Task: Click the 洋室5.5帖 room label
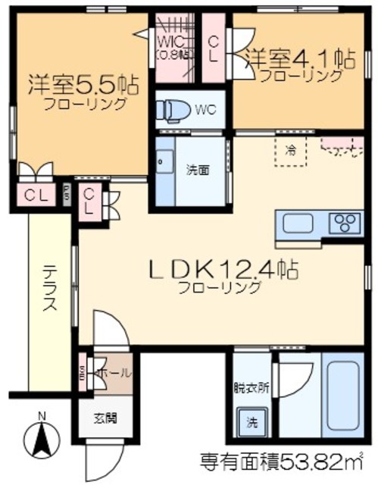pos(84,83)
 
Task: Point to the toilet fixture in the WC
pos(172,109)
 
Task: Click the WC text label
pos(205,109)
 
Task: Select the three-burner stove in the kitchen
pos(345,224)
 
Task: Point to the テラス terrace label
pos(48,289)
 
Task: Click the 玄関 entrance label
pos(105,418)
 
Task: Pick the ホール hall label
pos(114,373)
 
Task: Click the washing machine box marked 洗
pos(250,421)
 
